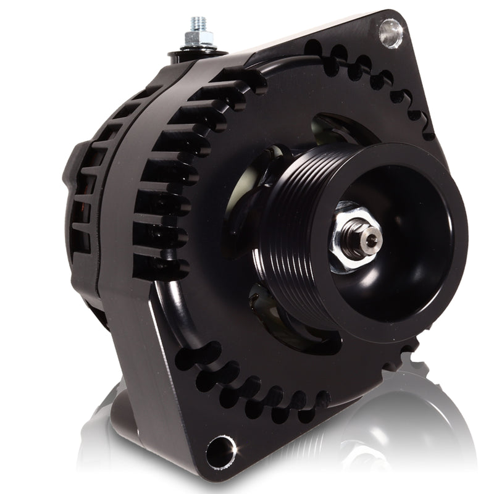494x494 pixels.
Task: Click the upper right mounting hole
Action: click(390, 32)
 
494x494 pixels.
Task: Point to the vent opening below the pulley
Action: click(272, 315)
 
